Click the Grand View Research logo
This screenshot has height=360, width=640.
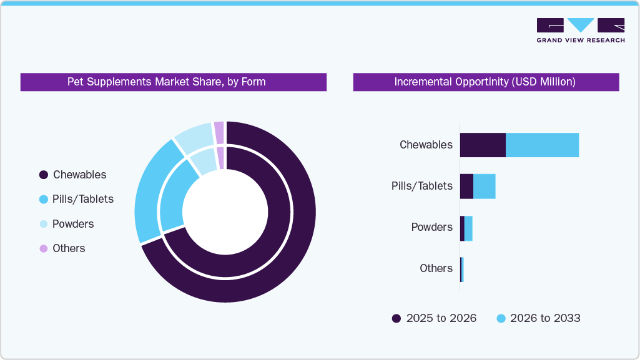coord(580,30)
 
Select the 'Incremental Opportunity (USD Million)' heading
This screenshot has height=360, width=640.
coord(485,82)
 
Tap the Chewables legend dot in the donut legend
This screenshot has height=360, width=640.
coord(43,175)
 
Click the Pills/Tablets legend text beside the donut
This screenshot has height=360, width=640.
coord(83,199)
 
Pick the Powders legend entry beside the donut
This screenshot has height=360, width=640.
coord(73,224)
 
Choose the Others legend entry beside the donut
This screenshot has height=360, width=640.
coord(69,248)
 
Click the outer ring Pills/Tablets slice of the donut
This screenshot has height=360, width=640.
coord(149,190)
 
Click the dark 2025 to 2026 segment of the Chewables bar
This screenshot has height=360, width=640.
coord(482,145)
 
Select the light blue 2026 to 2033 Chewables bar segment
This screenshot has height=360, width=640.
coord(542,145)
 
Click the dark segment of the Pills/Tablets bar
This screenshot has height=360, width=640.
coord(466,186)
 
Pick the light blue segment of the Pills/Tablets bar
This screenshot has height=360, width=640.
coord(485,186)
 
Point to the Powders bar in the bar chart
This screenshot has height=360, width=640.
coord(466,228)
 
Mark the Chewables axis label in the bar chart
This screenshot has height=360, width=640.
coord(426,145)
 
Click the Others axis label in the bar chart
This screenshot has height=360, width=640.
coord(436,268)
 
